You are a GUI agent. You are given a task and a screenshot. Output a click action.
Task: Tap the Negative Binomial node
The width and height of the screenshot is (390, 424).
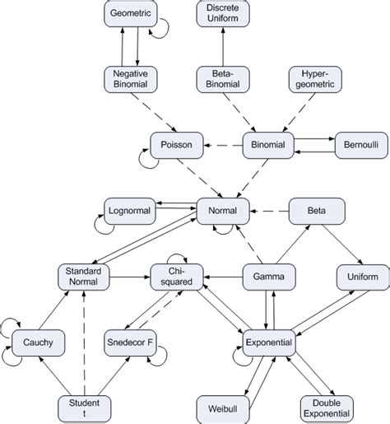tap(131, 80)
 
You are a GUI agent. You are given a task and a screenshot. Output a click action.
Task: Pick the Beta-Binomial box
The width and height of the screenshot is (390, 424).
tap(222, 80)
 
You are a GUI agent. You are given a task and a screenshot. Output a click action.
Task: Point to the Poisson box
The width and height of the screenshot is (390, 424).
tap(176, 146)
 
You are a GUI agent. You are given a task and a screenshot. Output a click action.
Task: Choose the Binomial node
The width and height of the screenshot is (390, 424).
tap(267, 146)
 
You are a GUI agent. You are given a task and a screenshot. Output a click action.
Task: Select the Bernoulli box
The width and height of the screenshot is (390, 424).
tap(358, 146)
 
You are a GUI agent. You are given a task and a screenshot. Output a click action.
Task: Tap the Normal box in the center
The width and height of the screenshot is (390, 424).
tap(222, 212)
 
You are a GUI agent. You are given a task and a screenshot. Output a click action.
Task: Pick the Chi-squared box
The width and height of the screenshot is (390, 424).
tap(176, 277)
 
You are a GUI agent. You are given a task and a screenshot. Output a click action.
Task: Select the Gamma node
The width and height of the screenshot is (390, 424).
tap(267, 277)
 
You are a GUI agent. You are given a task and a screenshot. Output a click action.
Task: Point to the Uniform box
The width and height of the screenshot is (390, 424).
tap(358, 277)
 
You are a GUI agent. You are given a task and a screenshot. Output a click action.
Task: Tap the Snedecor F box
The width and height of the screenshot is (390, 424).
tap(131, 342)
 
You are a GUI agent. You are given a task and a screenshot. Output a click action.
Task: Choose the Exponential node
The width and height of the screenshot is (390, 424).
tap(267, 342)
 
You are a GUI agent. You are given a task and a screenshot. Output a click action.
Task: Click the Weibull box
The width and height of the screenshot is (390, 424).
tap(222, 408)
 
